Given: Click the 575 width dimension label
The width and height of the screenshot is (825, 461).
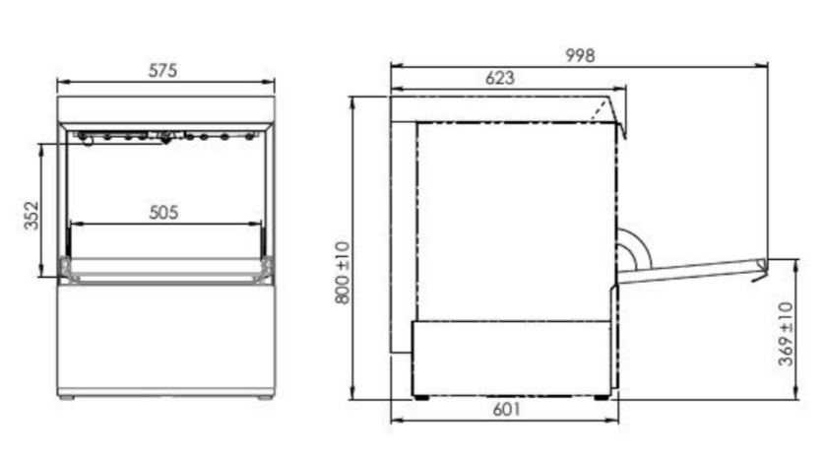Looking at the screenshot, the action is coord(162,71).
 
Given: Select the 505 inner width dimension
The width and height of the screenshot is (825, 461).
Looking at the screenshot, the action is coord(163,213).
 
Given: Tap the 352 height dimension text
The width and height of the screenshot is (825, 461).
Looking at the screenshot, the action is coord(32,216).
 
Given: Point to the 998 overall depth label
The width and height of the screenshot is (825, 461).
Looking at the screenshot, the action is coord(580,55).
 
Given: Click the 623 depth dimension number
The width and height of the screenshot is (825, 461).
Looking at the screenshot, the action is coord(499,78).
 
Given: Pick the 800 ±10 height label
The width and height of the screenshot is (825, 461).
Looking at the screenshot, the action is coord(342,272).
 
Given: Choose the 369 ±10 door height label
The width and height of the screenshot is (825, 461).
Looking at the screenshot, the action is coord(786,334).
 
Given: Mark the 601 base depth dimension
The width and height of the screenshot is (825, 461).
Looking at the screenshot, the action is coord(506,409).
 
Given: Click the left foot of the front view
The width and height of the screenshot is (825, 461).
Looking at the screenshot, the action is coord(67,398).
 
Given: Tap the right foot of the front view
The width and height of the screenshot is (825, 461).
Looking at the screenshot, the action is coord(265,398).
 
